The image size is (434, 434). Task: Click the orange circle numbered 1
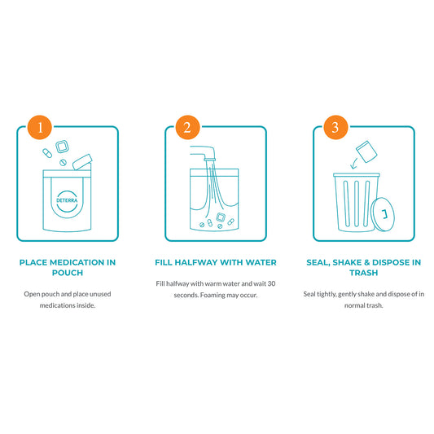(x=40, y=127)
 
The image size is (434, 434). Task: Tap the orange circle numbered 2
(x=187, y=127)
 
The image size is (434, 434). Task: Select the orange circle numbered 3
(x=335, y=127)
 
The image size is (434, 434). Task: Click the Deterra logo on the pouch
(x=67, y=200)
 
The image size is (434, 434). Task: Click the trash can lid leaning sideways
(x=383, y=214)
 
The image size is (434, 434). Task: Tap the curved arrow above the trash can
(x=353, y=164)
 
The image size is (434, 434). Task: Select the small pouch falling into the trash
(x=366, y=151)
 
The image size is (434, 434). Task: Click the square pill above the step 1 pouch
(x=62, y=147)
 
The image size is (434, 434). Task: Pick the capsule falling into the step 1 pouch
(x=47, y=153)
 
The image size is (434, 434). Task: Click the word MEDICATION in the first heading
(x=77, y=262)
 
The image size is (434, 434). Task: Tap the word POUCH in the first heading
(x=68, y=273)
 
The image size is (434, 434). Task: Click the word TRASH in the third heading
(x=364, y=273)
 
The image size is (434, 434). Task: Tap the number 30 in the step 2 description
(x=271, y=283)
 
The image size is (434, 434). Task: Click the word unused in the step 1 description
(x=100, y=294)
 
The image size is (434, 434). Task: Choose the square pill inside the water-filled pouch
(x=221, y=217)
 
